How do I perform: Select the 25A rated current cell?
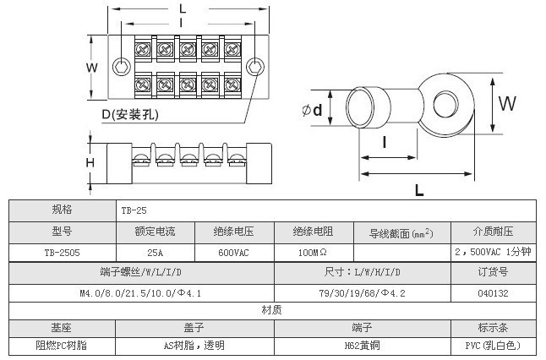tap(155, 251)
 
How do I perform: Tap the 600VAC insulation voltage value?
tap(233, 251)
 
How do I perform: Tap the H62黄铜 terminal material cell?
tap(362, 346)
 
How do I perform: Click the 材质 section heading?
tap(272, 310)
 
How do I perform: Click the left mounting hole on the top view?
tap(123, 67)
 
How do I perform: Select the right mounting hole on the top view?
tap(253, 67)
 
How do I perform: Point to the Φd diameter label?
tap(311, 110)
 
